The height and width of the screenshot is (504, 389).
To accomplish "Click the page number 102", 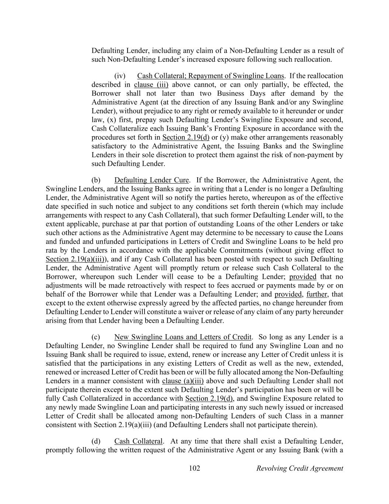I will point(194,469).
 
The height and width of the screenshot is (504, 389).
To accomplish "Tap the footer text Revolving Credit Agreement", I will point(299,469).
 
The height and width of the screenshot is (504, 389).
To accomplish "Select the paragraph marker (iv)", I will point(120,76).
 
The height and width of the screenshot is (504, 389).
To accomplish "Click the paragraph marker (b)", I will point(96,181).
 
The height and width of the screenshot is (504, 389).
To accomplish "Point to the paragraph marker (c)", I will point(96,337).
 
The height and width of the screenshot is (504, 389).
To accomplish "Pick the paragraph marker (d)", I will point(96,442).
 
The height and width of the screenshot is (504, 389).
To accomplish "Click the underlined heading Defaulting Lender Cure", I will point(152,181).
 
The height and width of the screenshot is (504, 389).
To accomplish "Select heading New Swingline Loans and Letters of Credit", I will point(183,337).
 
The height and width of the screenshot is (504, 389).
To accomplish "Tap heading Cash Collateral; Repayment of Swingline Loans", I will point(211,76).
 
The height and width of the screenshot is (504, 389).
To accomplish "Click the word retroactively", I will point(147,286).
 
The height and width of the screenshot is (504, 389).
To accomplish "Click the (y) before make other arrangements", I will point(223,138).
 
